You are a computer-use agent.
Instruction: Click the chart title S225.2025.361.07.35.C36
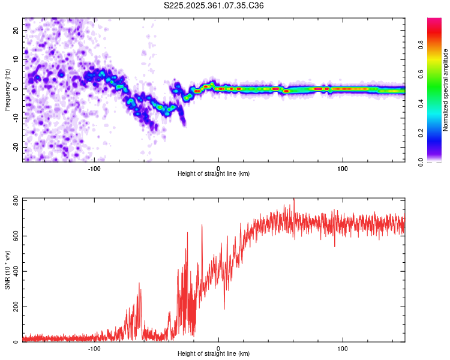pos(214,5)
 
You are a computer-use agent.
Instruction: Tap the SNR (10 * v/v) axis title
pos(7,270)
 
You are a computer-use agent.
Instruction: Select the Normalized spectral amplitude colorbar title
pos(445,90)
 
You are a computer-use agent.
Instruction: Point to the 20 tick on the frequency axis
pos(16,30)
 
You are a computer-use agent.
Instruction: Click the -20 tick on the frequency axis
pos(14,147)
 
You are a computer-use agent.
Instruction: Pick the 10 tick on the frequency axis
pos(16,59)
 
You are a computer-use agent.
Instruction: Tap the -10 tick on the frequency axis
pos(14,118)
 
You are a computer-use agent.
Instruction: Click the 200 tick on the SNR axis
pos(13,307)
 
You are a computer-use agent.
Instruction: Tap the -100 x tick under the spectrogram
pos(94,168)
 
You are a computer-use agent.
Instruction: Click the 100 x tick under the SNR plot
pos(343,349)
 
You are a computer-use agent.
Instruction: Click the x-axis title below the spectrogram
pos(214,173)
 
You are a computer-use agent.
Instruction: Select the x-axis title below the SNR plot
pos(214,354)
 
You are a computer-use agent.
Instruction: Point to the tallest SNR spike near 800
pos(293,200)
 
